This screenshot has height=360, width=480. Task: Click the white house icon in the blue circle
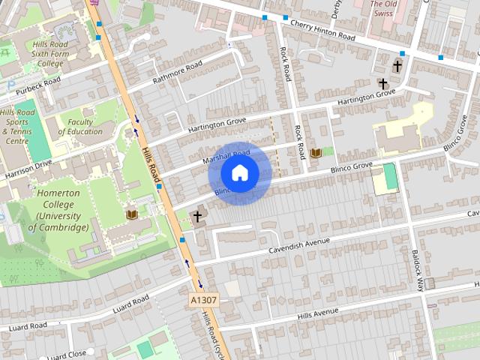pyautogui.click(x=240, y=173)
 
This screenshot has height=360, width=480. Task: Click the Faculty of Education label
pyautogui.click(x=80, y=127)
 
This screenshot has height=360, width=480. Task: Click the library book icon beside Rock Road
pyautogui.click(x=316, y=152)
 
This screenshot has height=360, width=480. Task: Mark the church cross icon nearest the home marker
pyautogui.click(x=198, y=217)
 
